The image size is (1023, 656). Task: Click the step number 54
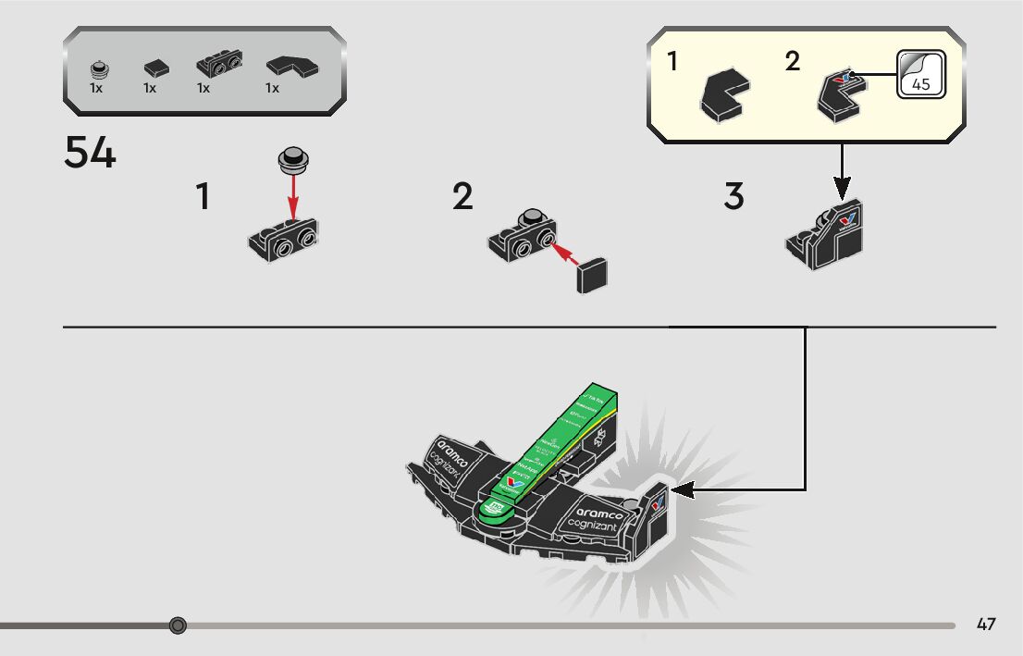pos(90,154)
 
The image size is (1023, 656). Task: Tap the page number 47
pos(986,625)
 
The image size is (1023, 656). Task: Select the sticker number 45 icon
pos(920,74)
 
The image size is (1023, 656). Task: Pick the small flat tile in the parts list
pos(156,68)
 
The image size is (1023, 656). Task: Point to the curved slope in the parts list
pos(290,67)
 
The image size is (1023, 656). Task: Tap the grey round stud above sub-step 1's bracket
pos(293,160)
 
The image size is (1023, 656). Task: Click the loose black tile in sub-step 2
pos(592,275)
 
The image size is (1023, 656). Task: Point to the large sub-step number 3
pos(733,196)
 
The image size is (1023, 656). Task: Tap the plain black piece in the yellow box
pos(723,95)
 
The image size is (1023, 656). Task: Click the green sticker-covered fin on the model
pos(555,444)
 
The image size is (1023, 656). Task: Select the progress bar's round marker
pos(179,625)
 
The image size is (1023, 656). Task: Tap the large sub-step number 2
pos(462,196)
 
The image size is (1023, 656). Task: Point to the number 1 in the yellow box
pos(672,63)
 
